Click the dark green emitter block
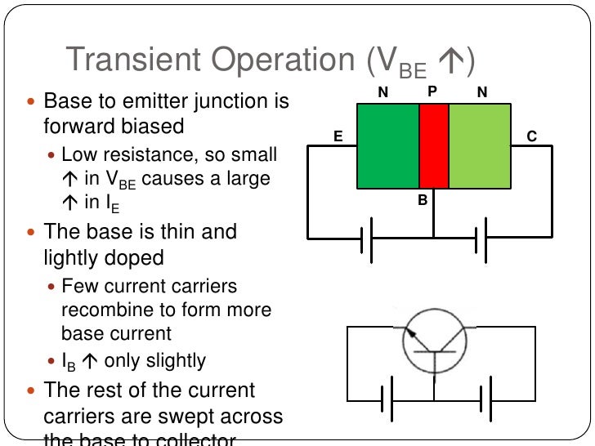point(389,145)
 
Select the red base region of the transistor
point(434,145)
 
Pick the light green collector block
point(480,145)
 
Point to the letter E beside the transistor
point(338,137)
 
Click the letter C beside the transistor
point(531,137)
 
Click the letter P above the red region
point(432,92)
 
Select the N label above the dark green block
point(382,93)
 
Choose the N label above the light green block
point(482,93)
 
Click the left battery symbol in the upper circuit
point(367,239)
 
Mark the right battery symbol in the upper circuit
point(481,239)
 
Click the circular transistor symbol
point(434,340)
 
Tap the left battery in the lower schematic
point(388,399)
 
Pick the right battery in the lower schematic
point(485,399)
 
